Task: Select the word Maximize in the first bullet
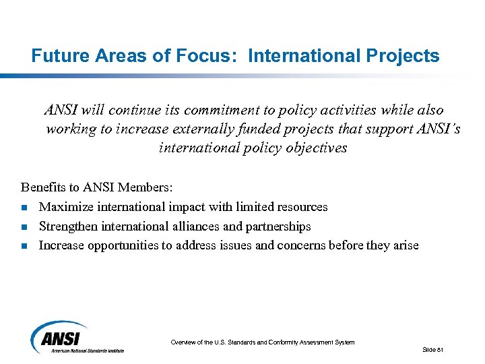tap(65, 207)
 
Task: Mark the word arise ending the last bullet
tap(404, 245)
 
